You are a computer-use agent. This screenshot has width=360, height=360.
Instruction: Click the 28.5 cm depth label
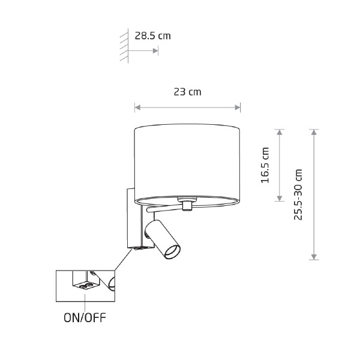click(152, 36)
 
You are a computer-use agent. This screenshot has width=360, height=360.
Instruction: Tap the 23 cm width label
click(187, 92)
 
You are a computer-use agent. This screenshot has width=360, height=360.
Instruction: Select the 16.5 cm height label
click(265, 165)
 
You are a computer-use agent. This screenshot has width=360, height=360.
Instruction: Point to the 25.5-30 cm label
click(298, 194)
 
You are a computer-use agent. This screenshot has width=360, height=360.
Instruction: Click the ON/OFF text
click(85, 318)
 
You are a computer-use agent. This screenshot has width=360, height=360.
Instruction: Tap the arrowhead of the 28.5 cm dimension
click(155, 51)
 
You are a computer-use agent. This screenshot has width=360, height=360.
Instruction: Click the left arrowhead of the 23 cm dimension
click(137, 107)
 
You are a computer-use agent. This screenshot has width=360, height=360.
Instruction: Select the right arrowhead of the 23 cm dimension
click(238, 107)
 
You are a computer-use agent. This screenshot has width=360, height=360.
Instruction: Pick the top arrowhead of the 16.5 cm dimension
click(280, 132)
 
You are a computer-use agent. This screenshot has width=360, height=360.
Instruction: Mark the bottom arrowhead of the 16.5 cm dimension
click(280, 199)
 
